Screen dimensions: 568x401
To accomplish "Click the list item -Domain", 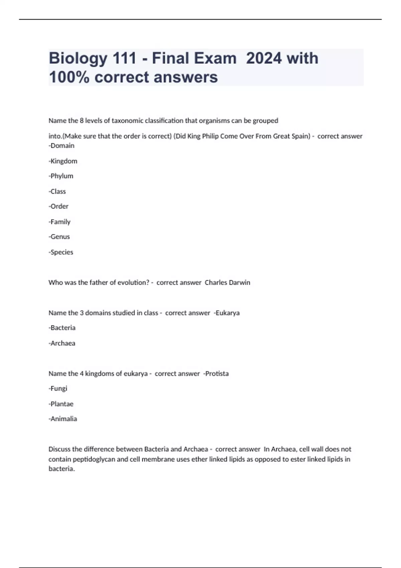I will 61,146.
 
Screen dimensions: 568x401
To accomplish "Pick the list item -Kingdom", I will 63,161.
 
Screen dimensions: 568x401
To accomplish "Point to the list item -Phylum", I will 61,176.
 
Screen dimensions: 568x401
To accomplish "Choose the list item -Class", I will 57,191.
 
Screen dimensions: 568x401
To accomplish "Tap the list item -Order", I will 58,206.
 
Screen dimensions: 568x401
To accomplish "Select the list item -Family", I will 59,222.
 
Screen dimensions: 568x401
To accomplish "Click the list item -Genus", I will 59,237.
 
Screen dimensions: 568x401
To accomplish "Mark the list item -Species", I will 61,252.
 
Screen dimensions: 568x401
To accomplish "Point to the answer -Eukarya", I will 227,313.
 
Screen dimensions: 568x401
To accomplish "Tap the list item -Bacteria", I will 62,328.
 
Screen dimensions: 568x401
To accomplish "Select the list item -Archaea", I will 62,343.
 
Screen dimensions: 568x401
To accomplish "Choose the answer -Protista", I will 216,374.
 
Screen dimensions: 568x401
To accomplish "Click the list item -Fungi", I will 58,389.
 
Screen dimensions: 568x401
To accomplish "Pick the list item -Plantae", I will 61,404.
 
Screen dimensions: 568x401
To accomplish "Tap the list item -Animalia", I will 63,419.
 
